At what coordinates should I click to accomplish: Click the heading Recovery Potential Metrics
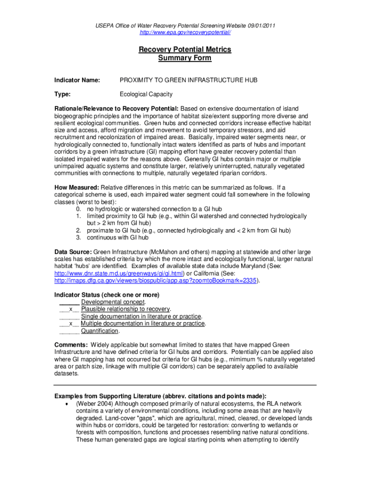click(185, 50)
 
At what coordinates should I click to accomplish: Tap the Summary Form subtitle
click(185, 58)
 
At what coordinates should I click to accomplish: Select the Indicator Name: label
click(77, 80)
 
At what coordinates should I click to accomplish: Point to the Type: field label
click(62, 94)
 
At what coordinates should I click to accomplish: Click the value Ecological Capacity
click(146, 94)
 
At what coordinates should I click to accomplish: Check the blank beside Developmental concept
click(69, 302)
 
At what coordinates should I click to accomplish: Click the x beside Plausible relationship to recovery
click(71, 309)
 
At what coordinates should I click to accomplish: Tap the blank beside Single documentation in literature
click(69, 316)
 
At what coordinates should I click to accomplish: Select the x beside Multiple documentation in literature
click(71, 324)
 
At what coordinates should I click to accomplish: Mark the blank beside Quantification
click(69, 331)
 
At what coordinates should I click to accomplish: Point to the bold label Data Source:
click(73, 252)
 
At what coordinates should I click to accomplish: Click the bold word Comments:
click(71, 345)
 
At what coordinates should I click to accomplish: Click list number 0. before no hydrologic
click(79, 209)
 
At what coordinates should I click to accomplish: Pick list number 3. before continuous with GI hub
click(79, 237)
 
